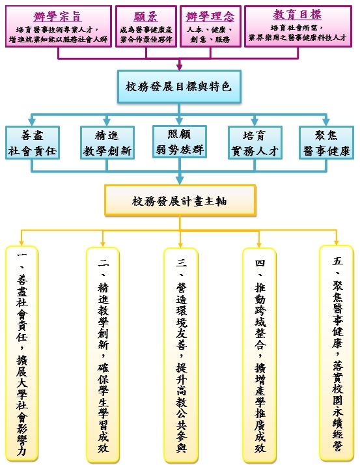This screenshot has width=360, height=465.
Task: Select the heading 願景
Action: pos(145,15)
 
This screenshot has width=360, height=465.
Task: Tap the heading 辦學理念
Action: pos(210,15)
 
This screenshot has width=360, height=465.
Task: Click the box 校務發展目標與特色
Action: pos(180,85)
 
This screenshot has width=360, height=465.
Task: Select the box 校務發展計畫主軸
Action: pos(180,201)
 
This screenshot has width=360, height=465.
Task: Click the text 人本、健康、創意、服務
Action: pos(210,35)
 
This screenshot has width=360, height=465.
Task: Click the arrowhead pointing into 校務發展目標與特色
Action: pos(180,65)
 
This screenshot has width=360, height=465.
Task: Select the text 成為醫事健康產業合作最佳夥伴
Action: pos(145,35)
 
